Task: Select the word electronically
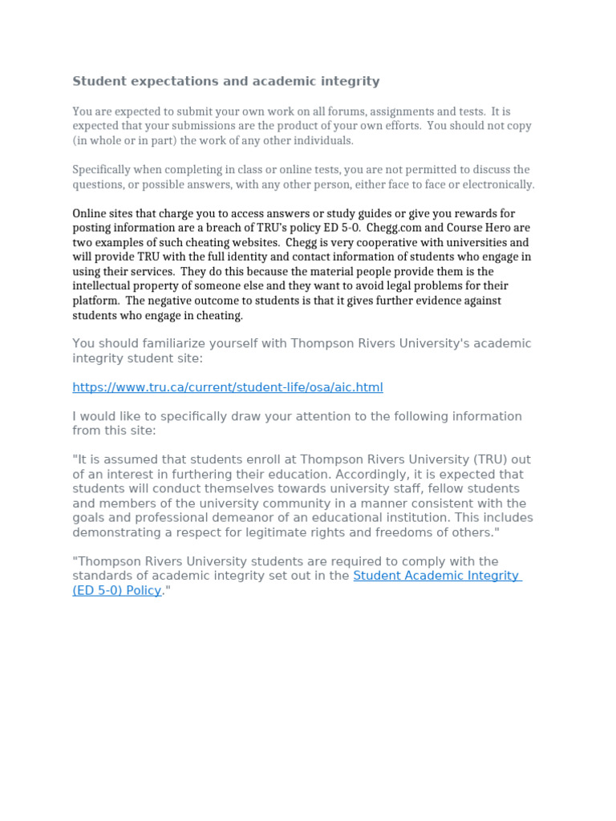point(496,184)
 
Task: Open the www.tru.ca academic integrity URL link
point(228,387)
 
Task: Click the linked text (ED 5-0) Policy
point(117,591)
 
